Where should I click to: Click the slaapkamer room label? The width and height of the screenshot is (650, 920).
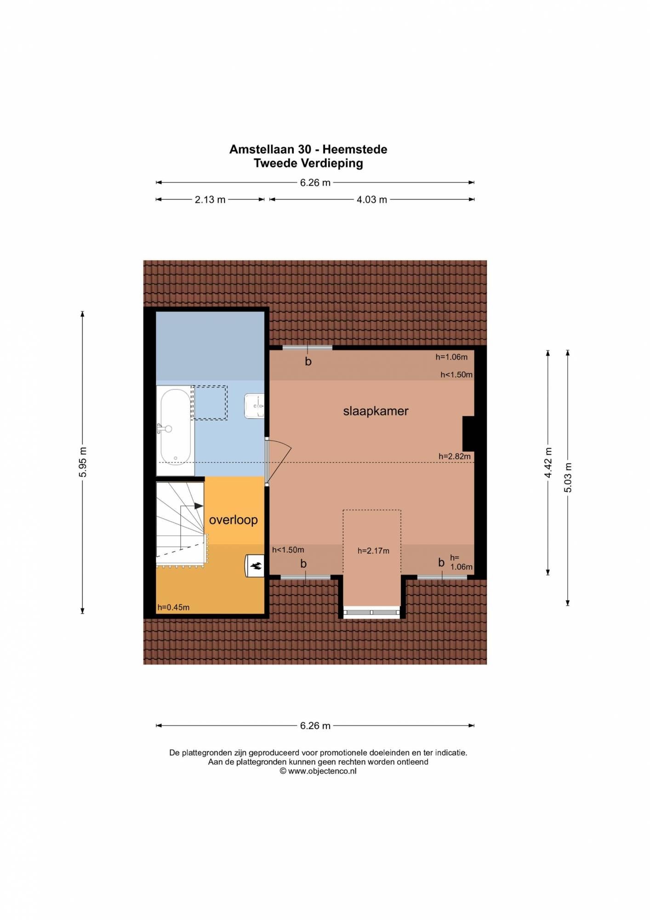tap(376, 411)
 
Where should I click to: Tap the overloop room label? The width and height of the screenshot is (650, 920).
tap(233, 520)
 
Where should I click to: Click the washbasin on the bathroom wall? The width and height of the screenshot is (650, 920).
tap(254, 406)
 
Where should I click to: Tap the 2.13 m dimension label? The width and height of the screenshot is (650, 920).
tap(210, 200)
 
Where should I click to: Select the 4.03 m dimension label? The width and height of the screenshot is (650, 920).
tap(372, 200)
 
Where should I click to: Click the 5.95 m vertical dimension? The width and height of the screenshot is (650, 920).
tap(83, 462)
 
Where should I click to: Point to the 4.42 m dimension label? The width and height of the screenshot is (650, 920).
tap(548, 462)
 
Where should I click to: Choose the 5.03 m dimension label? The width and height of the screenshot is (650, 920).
tap(568, 477)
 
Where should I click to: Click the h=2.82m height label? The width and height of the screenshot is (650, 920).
tap(454, 456)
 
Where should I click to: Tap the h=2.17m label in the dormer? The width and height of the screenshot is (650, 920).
tap(373, 551)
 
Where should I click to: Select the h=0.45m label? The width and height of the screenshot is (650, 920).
tap(173, 607)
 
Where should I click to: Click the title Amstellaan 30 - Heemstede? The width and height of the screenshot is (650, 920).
tap(308, 149)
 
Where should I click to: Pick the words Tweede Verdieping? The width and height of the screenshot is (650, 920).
tap(308, 163)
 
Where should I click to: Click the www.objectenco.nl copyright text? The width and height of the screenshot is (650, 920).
tap(318, 771)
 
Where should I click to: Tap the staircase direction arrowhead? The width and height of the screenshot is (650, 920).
tap(199, 506)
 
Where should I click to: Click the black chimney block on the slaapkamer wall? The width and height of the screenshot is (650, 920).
tap(468, 433)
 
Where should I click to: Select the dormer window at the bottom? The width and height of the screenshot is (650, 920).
tap(371, 612)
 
